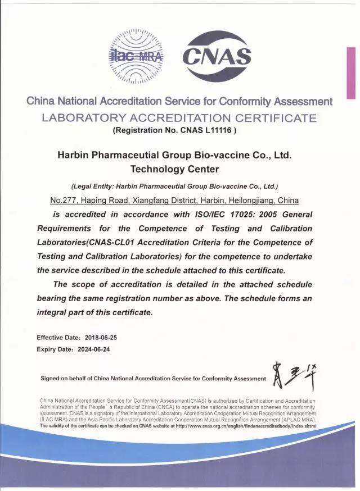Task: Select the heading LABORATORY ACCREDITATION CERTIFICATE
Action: [x=179, y=118]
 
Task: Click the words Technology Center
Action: [x=174, y=169]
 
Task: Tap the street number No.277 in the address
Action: [x=64, y=201]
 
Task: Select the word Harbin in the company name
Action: [x=75, y=154]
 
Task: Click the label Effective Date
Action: [x=58, y=338]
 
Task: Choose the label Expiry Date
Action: [x=55, y=348]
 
